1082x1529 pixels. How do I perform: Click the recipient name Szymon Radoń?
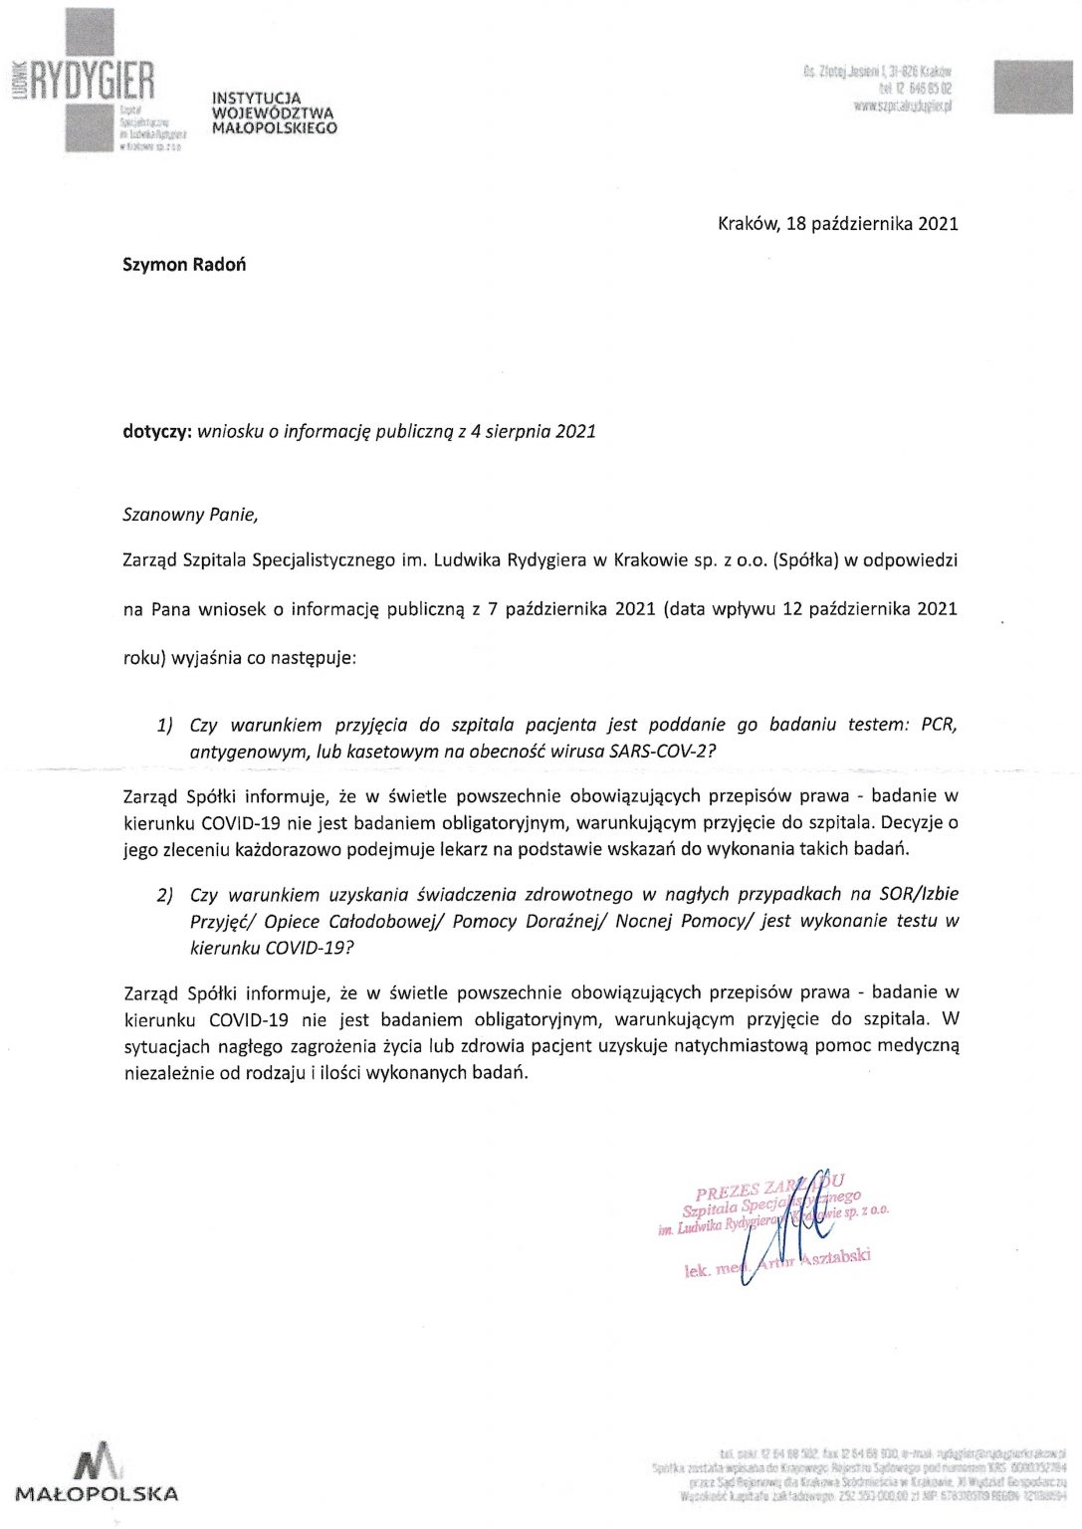(184, 265)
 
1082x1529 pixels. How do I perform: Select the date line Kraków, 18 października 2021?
(837, 223)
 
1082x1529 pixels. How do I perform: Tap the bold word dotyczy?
(156, 432)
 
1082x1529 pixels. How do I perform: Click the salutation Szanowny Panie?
(190, 515)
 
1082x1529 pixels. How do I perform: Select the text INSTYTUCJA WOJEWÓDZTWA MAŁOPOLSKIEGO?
(274, 113)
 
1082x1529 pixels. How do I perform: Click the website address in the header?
(903, 106)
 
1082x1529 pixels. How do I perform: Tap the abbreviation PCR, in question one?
(939, 726)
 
